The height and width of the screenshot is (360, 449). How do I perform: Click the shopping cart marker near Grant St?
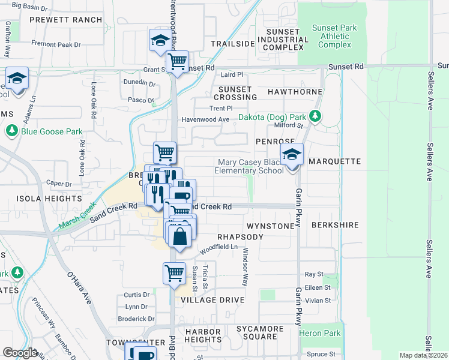178,62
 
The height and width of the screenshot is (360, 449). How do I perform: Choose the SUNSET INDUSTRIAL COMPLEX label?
283,40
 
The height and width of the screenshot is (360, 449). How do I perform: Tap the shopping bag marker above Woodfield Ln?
179,236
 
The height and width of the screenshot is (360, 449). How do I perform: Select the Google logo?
20,352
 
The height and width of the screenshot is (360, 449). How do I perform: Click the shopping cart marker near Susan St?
174,274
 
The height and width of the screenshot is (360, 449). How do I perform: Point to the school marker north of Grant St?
160,41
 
